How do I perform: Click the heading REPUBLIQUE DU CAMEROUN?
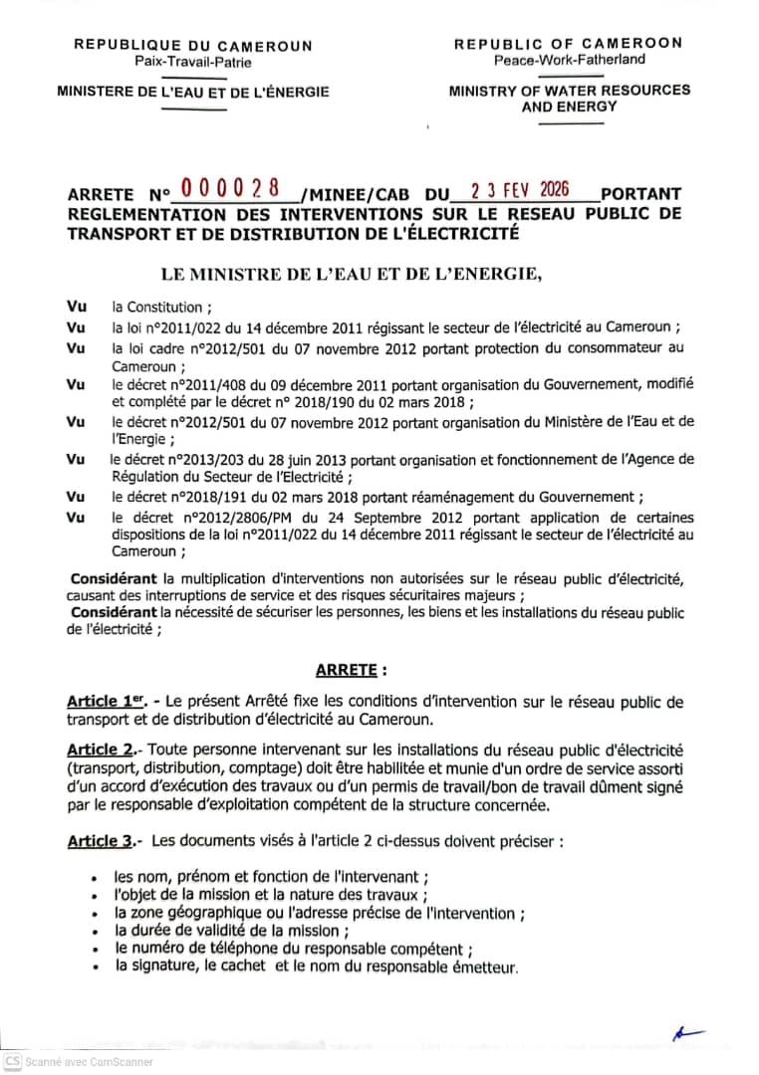[192, 46]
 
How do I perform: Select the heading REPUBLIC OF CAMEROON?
[568, 44]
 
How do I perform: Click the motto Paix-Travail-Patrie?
[193, 62]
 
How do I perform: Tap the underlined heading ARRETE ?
[378, 671]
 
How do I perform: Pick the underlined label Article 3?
[100, 842]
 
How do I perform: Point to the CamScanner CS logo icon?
[11, 1061]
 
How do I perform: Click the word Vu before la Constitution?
[75, 308]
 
